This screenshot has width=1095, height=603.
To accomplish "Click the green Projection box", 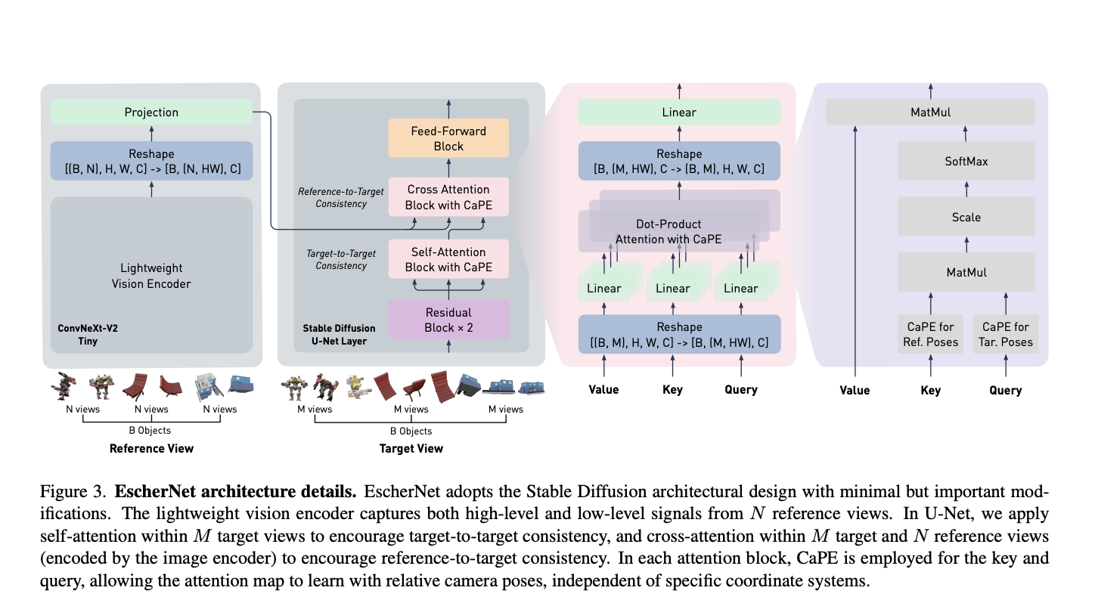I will (x=151, y=113).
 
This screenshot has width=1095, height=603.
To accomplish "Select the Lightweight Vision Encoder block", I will (x=151, y=276).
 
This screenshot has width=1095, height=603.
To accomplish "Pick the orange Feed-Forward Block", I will (x=448, y=138).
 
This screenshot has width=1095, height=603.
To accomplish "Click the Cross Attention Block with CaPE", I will (x=448, y=196).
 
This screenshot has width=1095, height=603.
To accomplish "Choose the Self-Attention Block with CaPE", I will (x=448, y=259).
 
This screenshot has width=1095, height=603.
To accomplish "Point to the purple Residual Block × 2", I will (x=448, y=320).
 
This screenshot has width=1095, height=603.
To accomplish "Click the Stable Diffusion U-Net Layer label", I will (x=339, y=335).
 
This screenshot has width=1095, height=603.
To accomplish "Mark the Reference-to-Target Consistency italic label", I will (x=333, y=197).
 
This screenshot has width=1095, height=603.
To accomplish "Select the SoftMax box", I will (x=966, y=161).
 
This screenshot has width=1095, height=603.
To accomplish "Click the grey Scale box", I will (x=966, y=217).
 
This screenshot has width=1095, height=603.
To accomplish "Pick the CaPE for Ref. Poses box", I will (x=930, y=335).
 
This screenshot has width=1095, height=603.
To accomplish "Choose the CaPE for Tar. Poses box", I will (x=1005, y=335).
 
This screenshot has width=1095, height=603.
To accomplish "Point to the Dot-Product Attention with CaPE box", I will (x=668, y=231).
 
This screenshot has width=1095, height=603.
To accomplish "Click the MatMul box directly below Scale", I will (x=966, y=272).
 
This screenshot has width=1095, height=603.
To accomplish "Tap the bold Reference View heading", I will (x=151, y=449).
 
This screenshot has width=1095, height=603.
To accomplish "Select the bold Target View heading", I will (x=411, y=449).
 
